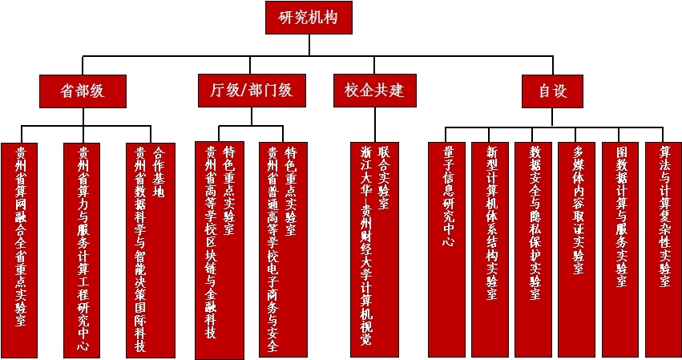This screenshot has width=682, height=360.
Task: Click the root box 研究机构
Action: [309, 18]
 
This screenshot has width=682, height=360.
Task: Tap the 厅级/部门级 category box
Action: [251, 91]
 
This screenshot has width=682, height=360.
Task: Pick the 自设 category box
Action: [553, 91]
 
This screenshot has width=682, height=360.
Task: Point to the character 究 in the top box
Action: [300, 18]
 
